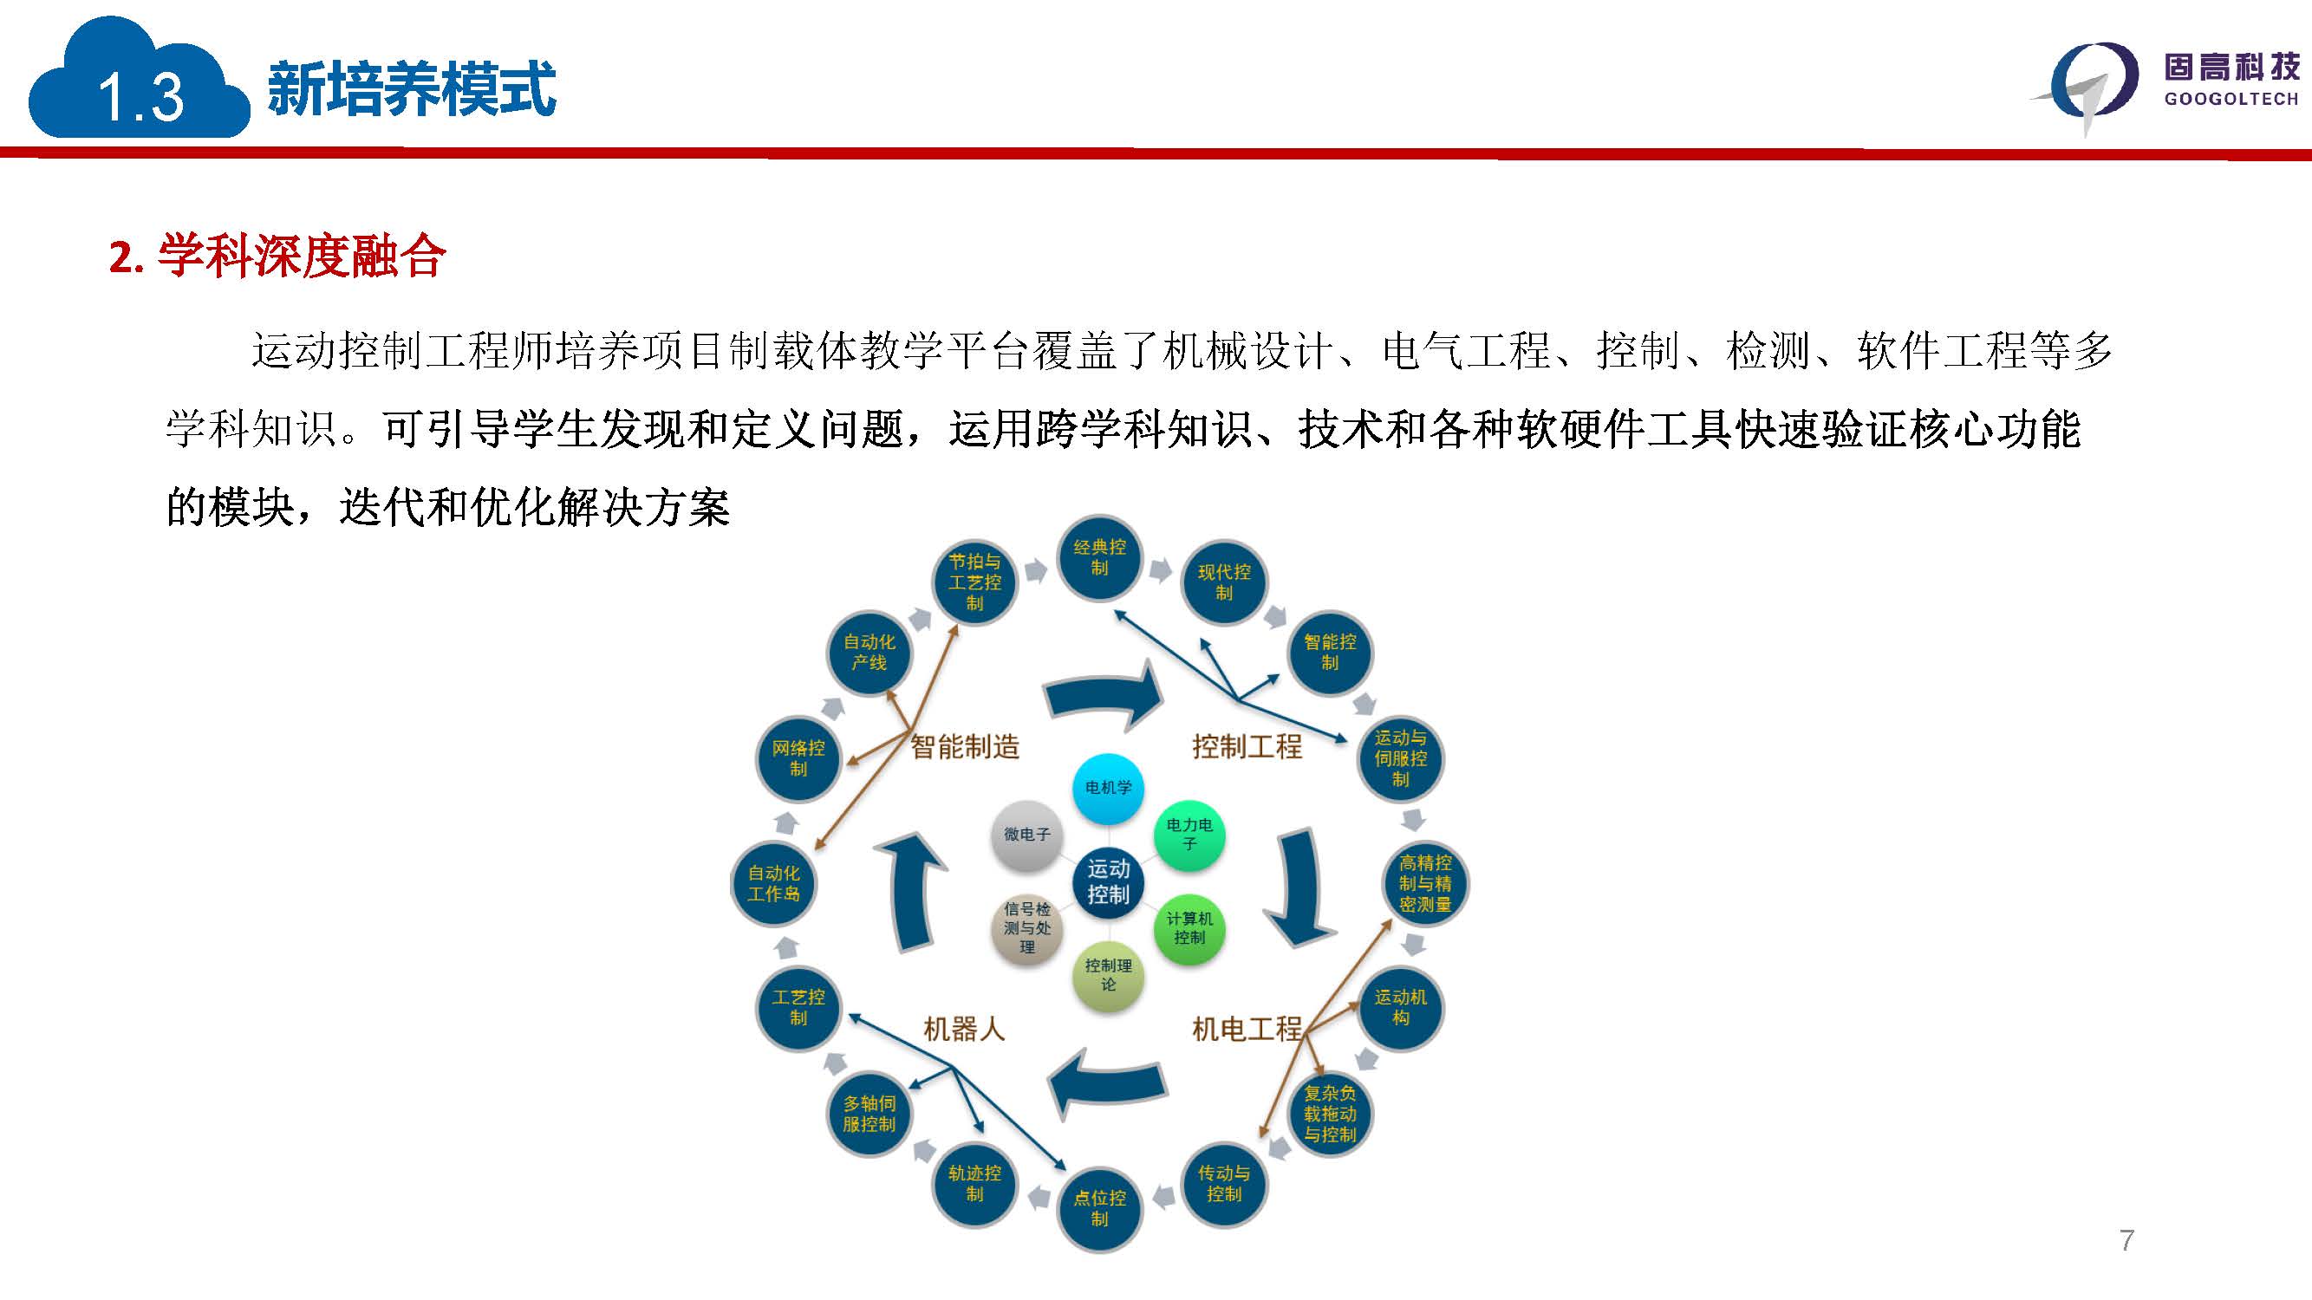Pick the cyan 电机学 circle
tap(1109, 789)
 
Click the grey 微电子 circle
tap(1026, 835)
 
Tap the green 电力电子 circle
tap(1189, 835)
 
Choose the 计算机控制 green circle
tap(1189, 928)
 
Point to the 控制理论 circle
tap(1109, 975)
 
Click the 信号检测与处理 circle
tap(1026, 928)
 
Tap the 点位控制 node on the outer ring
tap(1099, 1208)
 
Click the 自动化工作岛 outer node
tap(773, 884)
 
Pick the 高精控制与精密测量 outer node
tap(1425, 884)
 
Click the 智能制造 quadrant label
tap(965, 746)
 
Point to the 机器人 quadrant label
tap(964, 1029)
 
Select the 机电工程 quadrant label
tap(1247, 1029)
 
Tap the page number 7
tap(2126, 1241)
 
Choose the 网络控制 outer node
tap(798, 759)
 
